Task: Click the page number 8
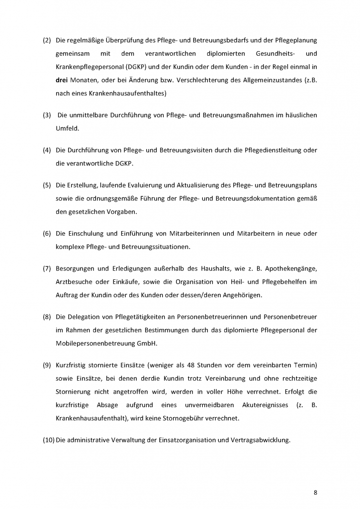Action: click(x=315, y=493)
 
